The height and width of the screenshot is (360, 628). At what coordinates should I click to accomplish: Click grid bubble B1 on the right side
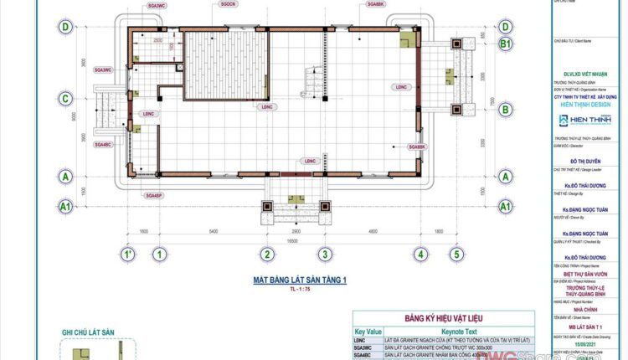click(x=505, y=43)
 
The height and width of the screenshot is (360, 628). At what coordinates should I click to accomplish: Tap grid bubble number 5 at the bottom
click(x=456, y=255)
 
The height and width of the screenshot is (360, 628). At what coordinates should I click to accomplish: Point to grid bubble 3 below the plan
click(x=324, y=255)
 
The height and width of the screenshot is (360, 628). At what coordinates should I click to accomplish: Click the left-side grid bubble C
click(x=64, y=99)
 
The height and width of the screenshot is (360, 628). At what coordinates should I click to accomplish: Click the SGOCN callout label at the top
click(x=228, y=4)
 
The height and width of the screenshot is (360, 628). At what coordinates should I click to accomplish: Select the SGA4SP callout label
click(x=152, y=195)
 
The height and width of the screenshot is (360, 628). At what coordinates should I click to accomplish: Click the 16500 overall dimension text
click(x=292, y=239)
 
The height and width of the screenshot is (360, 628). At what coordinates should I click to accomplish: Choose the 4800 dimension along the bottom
click(x=372, y=230)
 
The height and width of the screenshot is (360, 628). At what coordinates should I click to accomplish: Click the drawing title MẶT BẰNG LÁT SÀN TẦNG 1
click(x=299, y=280)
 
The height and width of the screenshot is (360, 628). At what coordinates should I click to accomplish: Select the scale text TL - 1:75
click(x=298, y=289)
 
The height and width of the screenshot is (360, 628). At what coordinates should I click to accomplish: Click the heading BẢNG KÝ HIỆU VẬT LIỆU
click(x=443, y=319)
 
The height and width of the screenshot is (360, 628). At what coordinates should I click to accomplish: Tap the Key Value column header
click(x=368, y=332)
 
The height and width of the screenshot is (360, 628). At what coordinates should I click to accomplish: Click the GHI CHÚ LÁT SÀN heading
click(x=88, y=332)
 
